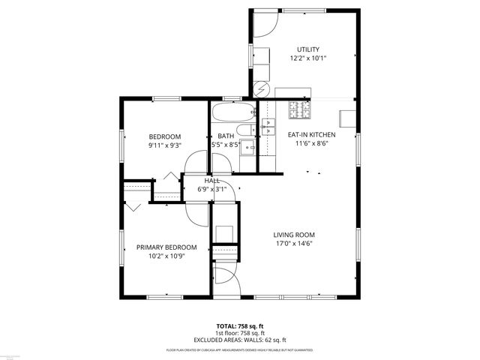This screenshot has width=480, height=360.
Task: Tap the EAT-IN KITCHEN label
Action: click(312, 135)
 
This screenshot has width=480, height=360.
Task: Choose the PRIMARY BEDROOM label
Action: click(166, 247)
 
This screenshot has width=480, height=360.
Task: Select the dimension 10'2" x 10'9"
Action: click(166, 256)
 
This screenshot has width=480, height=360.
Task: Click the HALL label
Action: click(211, 181)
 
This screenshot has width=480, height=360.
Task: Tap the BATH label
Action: click(226, 136)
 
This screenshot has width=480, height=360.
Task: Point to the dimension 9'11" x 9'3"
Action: click(165, 145)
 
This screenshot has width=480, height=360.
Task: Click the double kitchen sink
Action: click(268, 126)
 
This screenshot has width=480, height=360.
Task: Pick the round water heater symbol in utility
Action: click(261, 88)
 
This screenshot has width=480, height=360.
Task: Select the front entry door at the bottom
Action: click(226, 280)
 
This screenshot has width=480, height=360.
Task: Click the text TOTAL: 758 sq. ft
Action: click(240, 325)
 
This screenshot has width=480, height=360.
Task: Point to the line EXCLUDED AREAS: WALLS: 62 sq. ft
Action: click(240, 340)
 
